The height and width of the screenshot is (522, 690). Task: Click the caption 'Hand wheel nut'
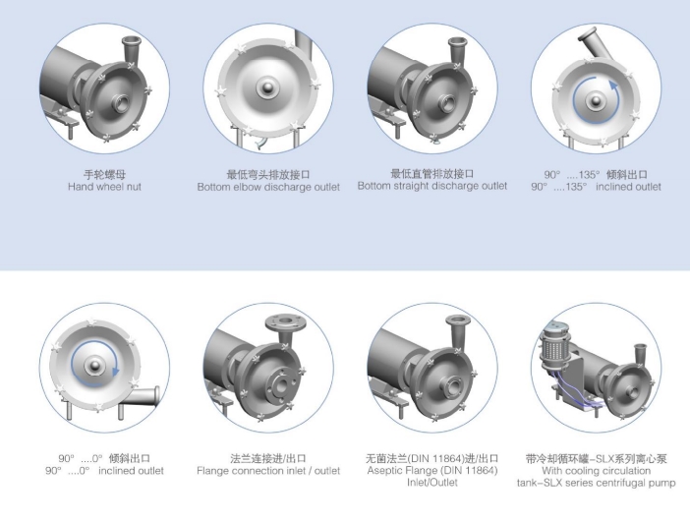[104, 187]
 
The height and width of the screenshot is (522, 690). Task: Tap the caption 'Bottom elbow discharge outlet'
[268, 187]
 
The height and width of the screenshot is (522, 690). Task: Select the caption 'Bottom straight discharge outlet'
[432, 186]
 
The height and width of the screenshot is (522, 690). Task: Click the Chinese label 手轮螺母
[105, 174]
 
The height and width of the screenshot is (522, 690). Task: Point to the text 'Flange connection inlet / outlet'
[268, 471]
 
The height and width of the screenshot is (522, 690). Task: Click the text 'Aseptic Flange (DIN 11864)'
[432, 471]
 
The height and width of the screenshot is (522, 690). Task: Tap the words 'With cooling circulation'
[597, 471]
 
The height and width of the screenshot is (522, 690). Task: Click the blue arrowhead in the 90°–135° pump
[613, 86]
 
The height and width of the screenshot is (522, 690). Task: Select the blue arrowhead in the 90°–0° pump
[116, 371]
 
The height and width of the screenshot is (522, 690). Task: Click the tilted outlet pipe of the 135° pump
[591, 42]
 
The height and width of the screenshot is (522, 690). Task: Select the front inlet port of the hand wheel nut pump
[120, 104]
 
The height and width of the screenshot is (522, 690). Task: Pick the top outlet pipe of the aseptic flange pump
[458, 331]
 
